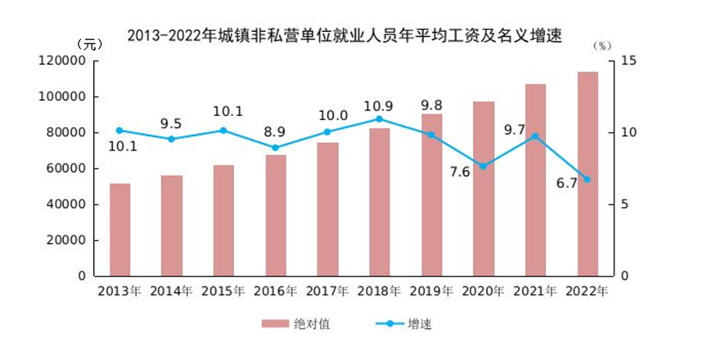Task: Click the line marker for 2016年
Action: pos(276,148)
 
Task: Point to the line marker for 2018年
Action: pos(380,119)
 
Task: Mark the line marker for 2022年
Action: pos(587,179)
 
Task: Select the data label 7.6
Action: pos(459,171)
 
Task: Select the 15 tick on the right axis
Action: pos(628,61)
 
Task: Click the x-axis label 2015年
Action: pos(223,291)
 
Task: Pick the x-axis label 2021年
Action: pos(535,291)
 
